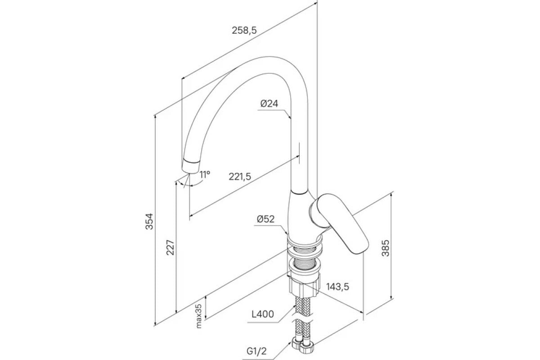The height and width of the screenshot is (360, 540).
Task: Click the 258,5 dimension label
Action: tap(244, 31)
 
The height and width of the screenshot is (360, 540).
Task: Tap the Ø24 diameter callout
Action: tap(269, 104)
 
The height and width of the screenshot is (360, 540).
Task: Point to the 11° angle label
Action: tap(205, 174)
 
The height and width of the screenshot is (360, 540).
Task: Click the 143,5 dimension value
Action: tap(337, 286)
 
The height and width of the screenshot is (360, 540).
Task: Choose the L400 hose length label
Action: tap(263, 314)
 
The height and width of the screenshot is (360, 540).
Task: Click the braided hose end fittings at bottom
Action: tap(303, 345)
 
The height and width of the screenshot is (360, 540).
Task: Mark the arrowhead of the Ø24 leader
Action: tap(290, 117)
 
